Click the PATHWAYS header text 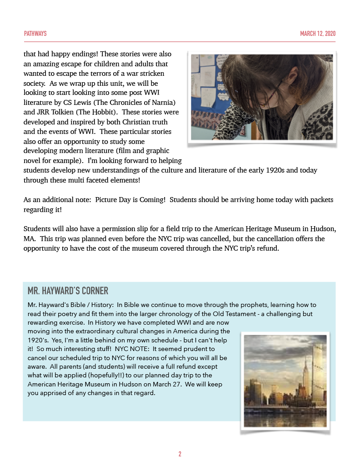click(35, 34)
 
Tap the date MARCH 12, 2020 click(318, 34)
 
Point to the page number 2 click(180, 454)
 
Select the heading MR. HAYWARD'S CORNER click(68, 291)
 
